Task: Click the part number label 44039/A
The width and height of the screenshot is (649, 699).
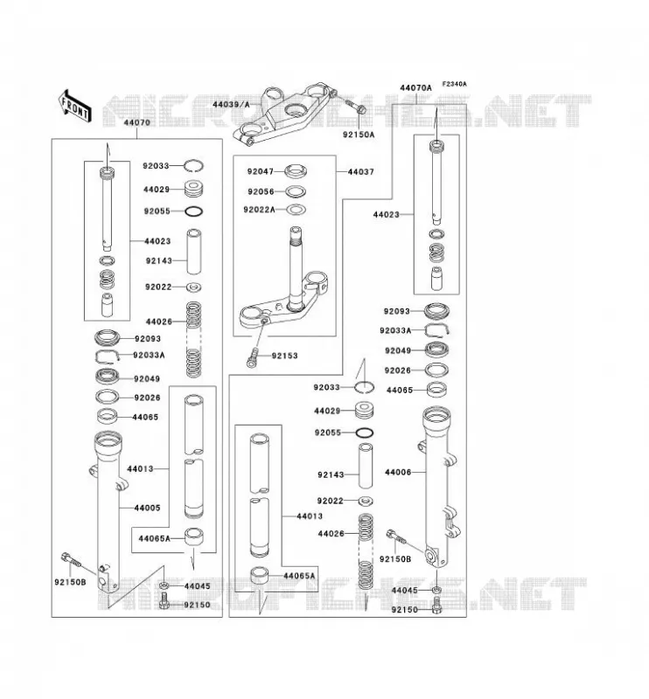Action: pos(231,104)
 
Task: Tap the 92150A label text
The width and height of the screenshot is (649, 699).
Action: pos(359,135)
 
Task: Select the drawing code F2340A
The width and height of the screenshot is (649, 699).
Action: pos(455,84)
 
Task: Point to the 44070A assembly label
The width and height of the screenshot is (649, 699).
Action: pos(415,88)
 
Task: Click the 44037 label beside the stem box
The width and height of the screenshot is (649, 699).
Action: pos(360,171)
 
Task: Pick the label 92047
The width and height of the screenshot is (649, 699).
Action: pos(261,171)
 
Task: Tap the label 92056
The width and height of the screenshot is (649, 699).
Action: pos(261,191)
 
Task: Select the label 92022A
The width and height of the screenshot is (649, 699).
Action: pos(259,210)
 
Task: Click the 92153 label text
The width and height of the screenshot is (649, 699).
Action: pos(284,356)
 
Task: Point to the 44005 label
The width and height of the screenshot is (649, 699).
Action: pos(147,508)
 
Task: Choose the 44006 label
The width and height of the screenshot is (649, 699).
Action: pos(398,472)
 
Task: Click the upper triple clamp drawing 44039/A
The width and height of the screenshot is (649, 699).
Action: pos(284,114)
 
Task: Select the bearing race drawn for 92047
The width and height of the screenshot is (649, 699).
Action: pos(296,170)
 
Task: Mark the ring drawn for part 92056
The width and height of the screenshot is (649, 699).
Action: pos(296,191)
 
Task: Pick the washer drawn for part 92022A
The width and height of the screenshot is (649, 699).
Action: pos(296,209)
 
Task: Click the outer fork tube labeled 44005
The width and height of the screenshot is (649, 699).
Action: pos(108,513)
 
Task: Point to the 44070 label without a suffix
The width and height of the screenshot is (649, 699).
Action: pos(137,122)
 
